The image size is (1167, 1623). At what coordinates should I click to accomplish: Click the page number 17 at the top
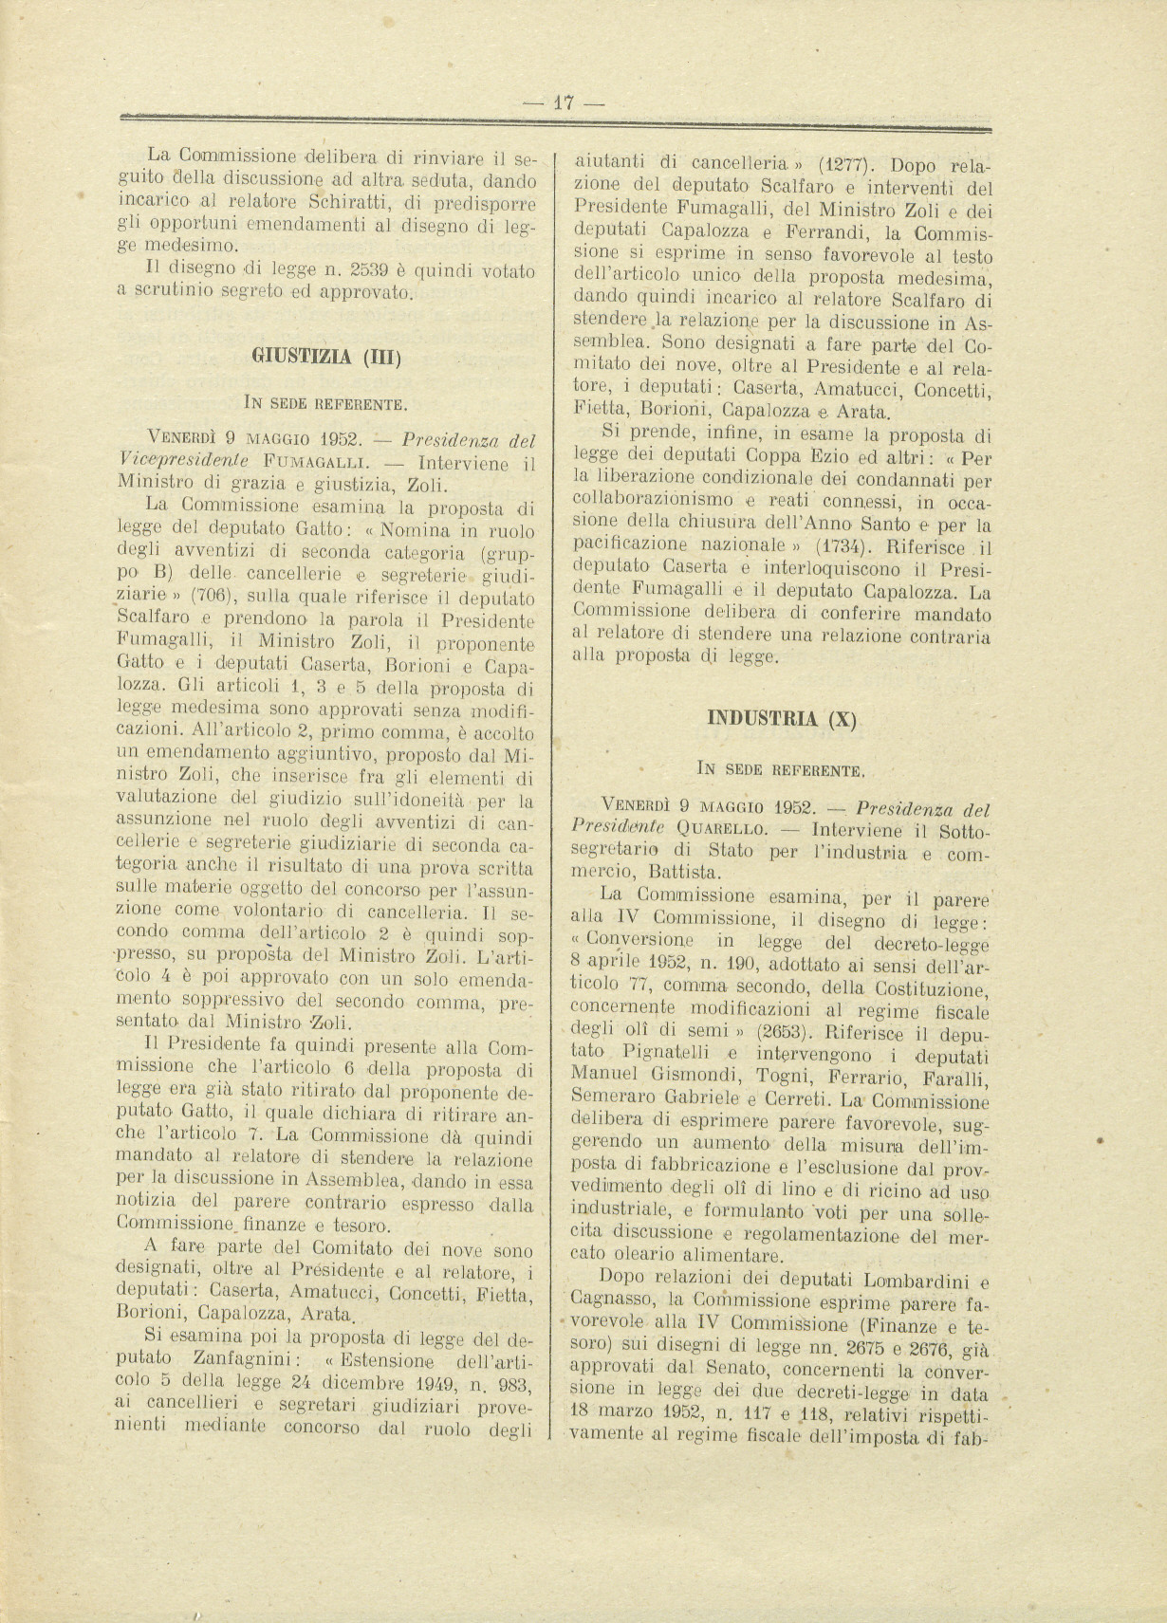[565, 103]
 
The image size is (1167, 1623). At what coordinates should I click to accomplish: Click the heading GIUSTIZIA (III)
[327, 357]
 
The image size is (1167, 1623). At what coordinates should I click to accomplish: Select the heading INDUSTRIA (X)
[782, 717]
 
